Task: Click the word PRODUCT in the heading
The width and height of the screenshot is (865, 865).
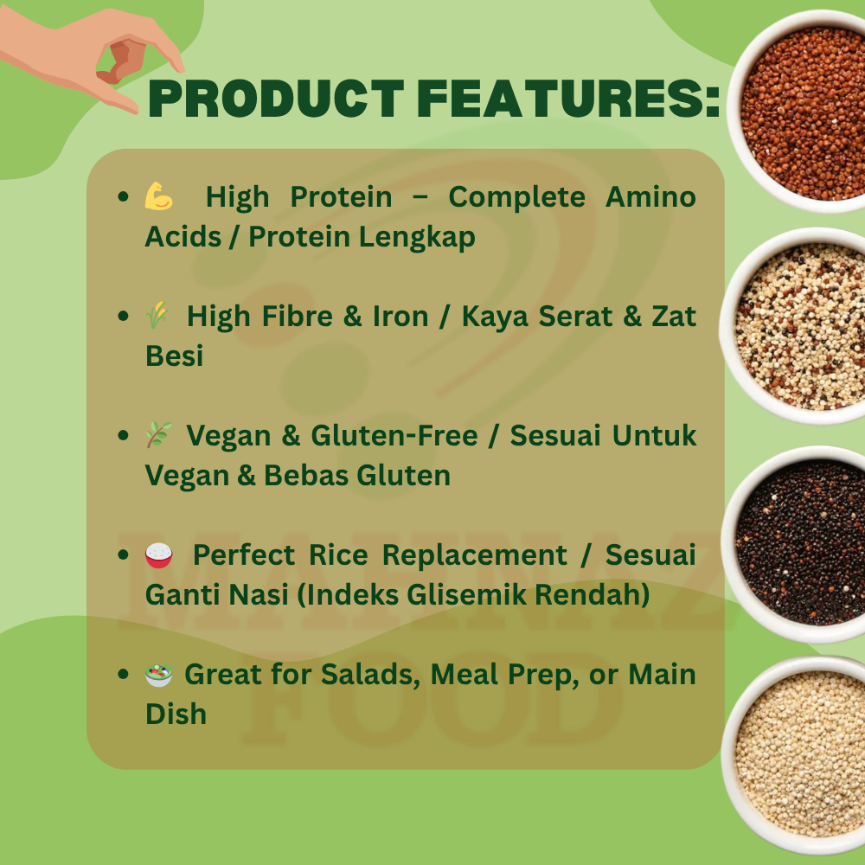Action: point(277,99)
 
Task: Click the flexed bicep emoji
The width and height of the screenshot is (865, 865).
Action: point(159,196)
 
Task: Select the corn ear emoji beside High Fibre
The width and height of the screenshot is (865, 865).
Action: point(157,316)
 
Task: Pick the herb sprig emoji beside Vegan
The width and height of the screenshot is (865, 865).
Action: point(159,435)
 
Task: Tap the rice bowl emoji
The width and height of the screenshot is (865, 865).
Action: point(159,555)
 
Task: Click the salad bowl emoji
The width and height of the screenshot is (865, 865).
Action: point(159,674)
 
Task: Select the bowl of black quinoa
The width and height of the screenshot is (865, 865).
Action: point(798,543)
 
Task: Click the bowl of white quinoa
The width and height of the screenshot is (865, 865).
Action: point(798,754)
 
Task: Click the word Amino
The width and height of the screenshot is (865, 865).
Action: point(650,197)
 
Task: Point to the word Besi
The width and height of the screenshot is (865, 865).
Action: point(175,356)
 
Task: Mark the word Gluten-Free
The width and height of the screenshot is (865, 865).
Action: point(394,435)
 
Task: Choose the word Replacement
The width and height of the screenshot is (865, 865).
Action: point(474,555)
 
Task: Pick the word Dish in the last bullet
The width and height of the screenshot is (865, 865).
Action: point(176,714)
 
